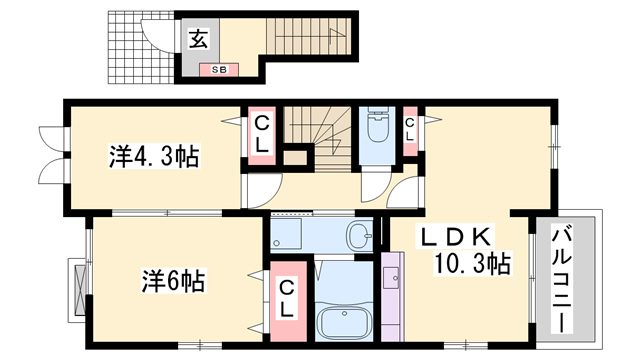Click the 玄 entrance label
197,40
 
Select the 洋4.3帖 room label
153,156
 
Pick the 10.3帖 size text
472,264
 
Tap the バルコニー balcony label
564,281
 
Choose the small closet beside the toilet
410,128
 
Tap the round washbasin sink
359,236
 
